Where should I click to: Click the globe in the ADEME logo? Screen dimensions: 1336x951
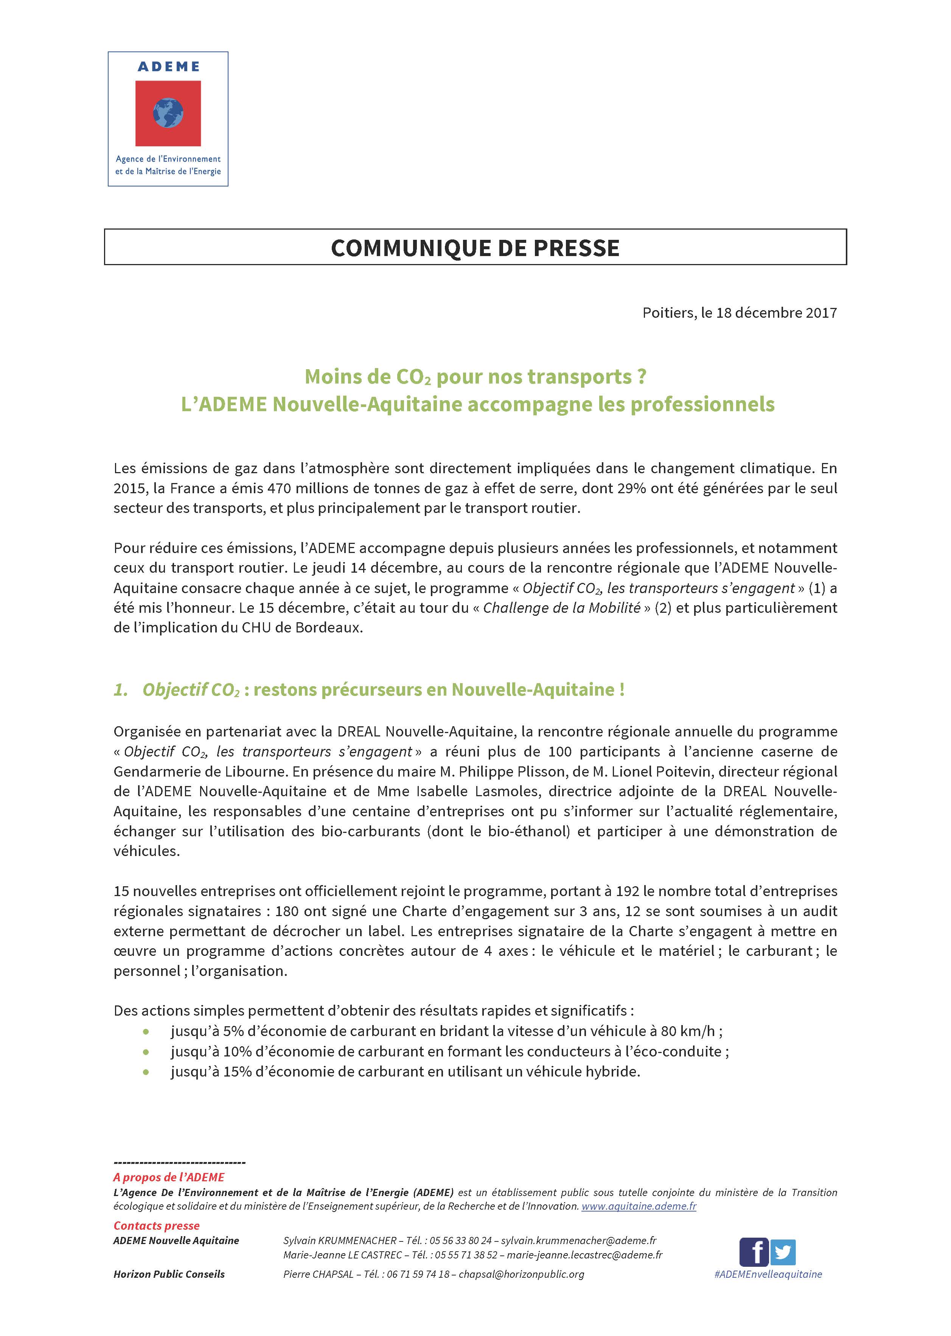pyautogui.click(x=168, y=113)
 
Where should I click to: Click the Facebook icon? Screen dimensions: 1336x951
pyautogui.click(x=754, y=1252)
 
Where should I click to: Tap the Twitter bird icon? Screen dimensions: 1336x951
pyautogui.click(x=783, y=1252)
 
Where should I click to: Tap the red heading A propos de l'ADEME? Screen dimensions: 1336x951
pyautogui.click(x=169, y=1177)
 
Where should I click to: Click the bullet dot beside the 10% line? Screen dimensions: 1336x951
pyautogui.click(x=146, y=1052)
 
